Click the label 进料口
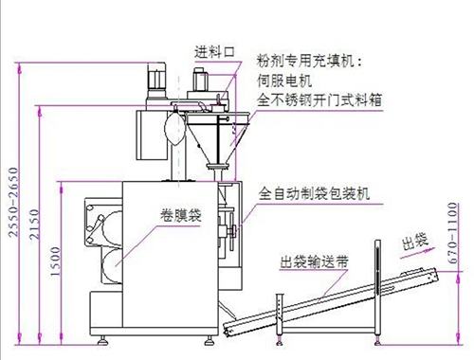[213, 51]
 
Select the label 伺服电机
[284, 80]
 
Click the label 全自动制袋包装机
[314, 192]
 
